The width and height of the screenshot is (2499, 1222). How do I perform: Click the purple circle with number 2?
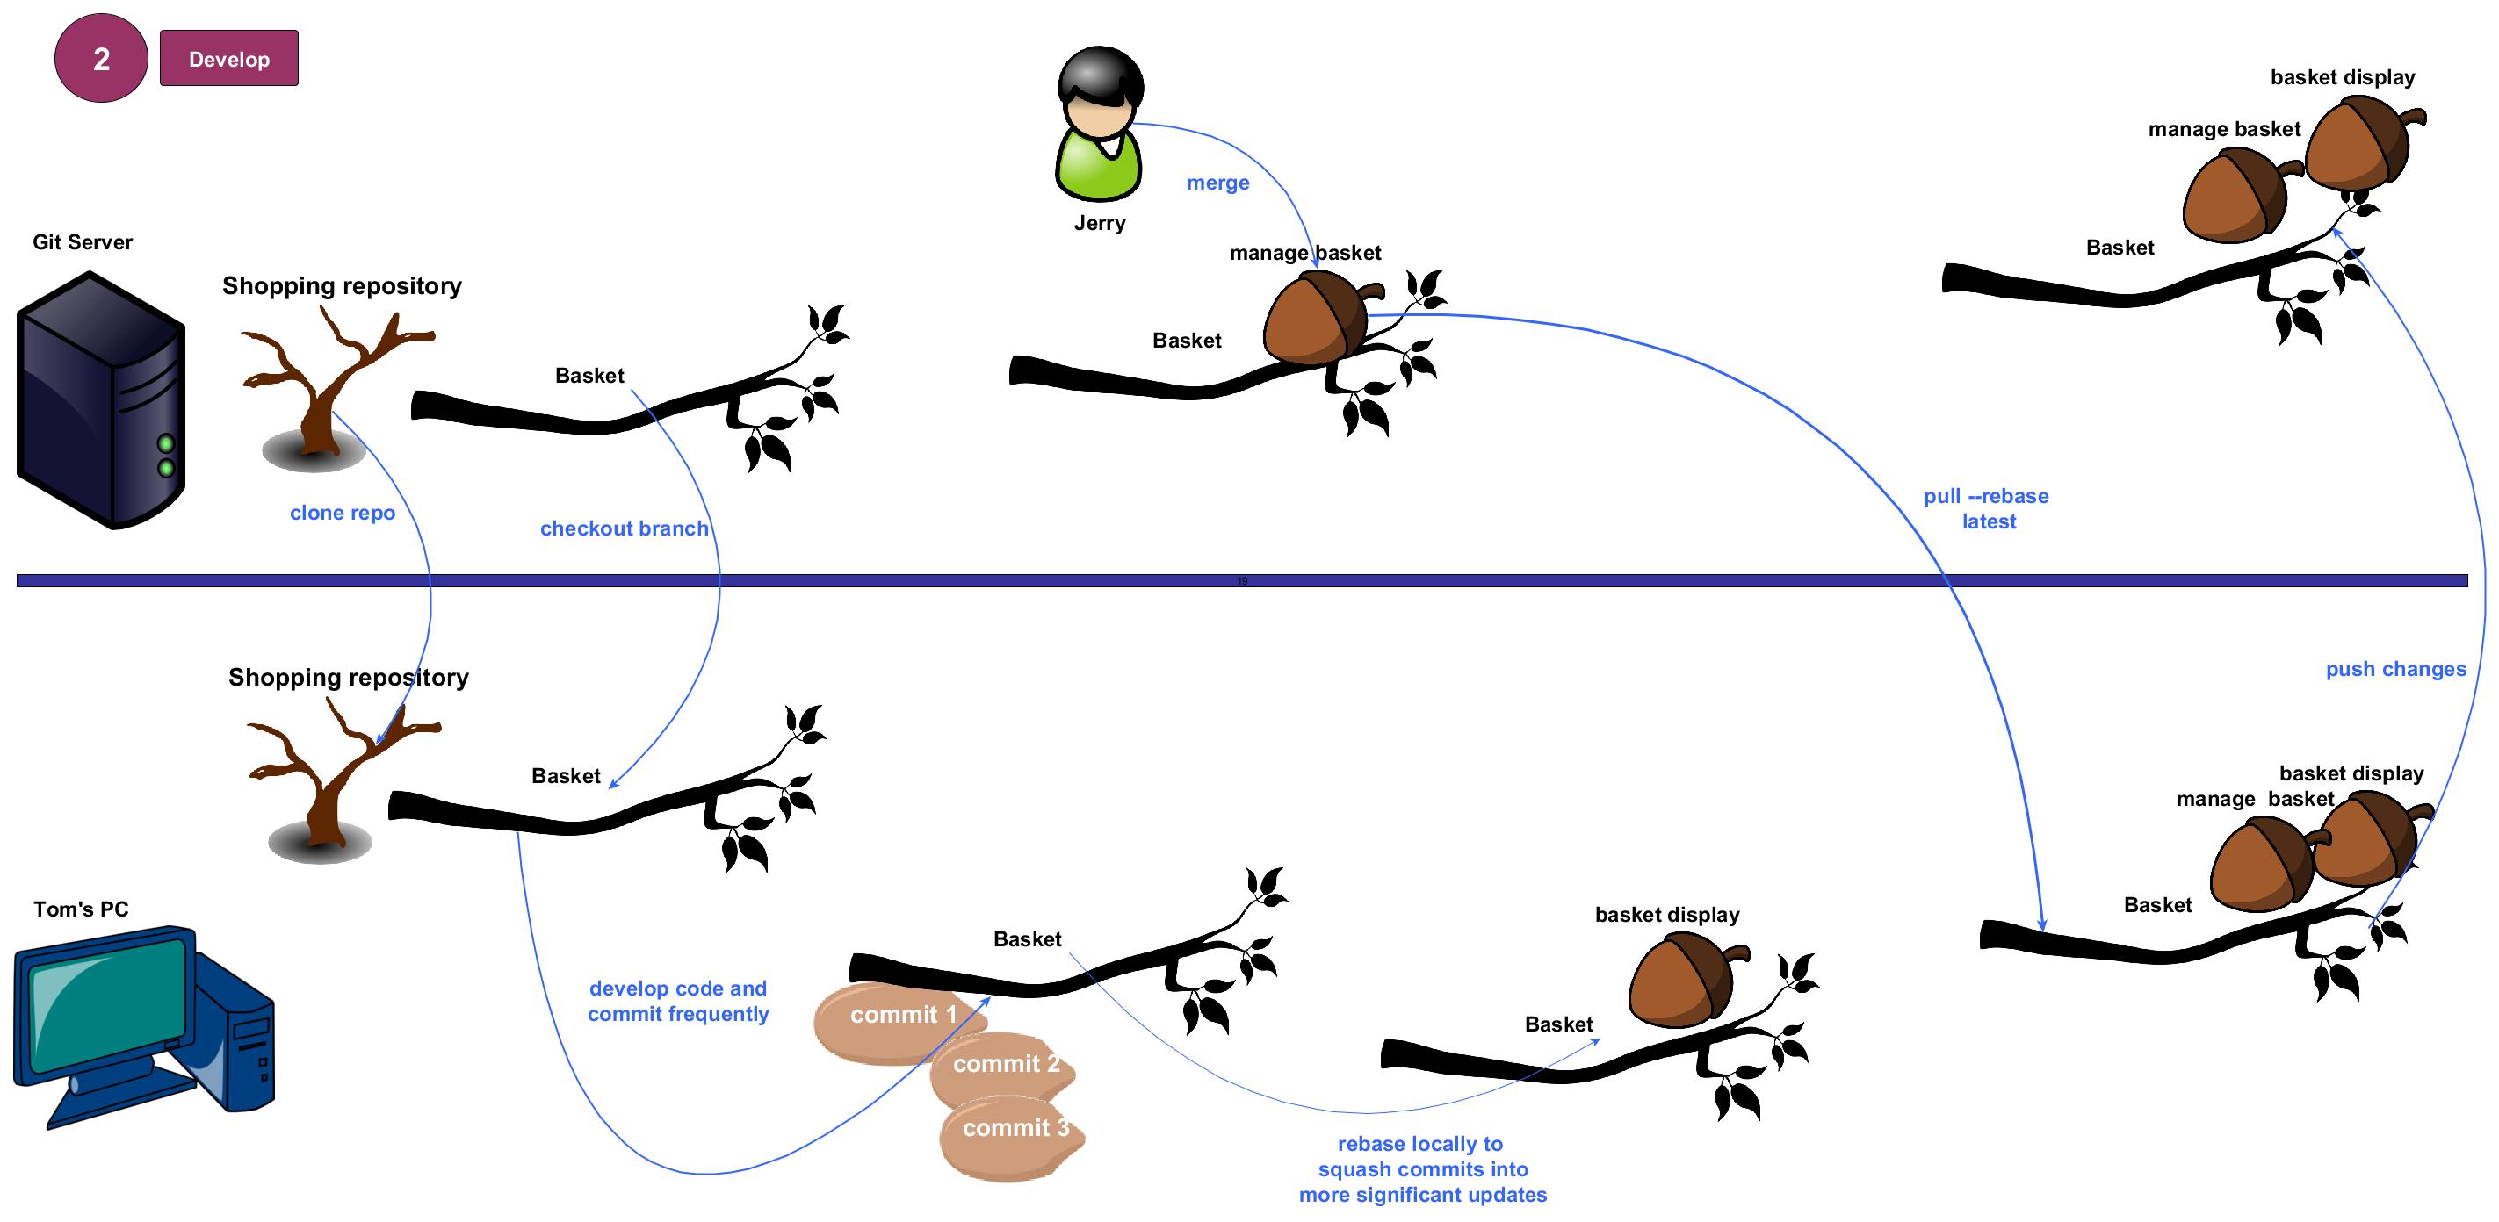[x=101, y=58]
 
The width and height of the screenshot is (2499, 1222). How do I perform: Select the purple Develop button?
[x=229, y=58]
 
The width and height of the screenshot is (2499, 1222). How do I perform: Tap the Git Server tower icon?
[x=101, y=399]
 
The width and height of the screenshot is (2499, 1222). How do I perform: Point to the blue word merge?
[x=1217, y=183]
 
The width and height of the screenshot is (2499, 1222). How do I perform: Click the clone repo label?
[x=343, y=512]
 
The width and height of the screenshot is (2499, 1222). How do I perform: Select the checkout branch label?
[x=624, y=528]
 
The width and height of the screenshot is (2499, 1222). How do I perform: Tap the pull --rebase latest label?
[x=1987, y=508]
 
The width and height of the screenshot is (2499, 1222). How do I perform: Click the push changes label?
[x=2395, y=668]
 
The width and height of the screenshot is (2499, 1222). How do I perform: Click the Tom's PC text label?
[x=81, y=909]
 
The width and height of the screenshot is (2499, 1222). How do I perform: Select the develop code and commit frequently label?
[x=678, y=1001]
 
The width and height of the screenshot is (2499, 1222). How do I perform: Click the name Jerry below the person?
[x=1100, y=223]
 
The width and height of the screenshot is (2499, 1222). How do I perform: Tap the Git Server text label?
[x=83, y=241]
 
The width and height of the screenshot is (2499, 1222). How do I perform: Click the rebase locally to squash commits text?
[x=1422, y=1168]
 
